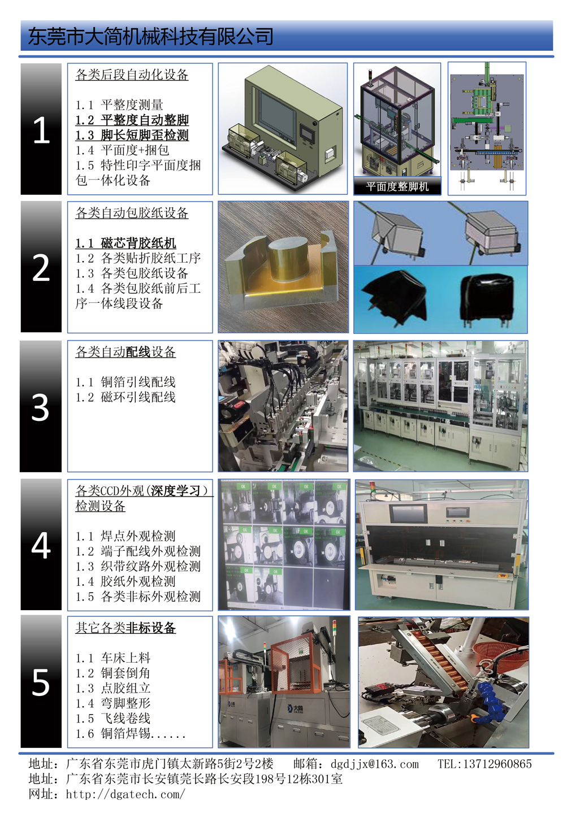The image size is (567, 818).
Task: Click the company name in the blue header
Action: coord(150,36)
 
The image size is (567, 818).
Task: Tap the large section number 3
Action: coord(40,407)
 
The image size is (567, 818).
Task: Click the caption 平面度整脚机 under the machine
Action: coord(397,186)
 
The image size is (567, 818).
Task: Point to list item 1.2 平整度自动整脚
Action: coord(132,120)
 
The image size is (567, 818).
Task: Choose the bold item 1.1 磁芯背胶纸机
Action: coord(125,243)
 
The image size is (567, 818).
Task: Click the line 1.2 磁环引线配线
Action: coord(125,397)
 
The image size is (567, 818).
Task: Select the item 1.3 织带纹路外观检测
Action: coord(138,567)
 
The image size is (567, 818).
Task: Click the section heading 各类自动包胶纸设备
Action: coord(132,212)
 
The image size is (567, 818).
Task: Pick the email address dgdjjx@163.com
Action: coord(374,764)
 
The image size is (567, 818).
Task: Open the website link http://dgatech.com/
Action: coord(125,794)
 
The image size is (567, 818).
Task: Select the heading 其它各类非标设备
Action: coord(125,628)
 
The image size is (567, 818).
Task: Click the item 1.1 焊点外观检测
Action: coord(125,536)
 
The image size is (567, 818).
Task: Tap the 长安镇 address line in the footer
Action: coord(185,779)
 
